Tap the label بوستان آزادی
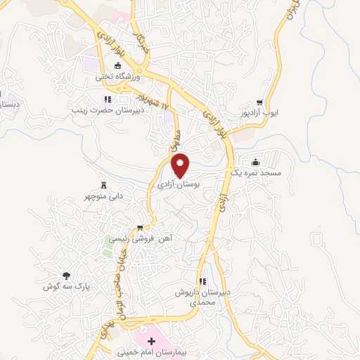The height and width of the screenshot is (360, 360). coord(181,184)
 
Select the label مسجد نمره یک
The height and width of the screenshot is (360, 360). coord(255,172)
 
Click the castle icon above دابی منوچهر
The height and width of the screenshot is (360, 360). coord(105,184)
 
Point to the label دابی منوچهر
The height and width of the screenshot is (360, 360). coord(105,196)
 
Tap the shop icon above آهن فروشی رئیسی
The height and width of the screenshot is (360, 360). coord(141,227)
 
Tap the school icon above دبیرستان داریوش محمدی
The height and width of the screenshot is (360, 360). coord(202,281)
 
